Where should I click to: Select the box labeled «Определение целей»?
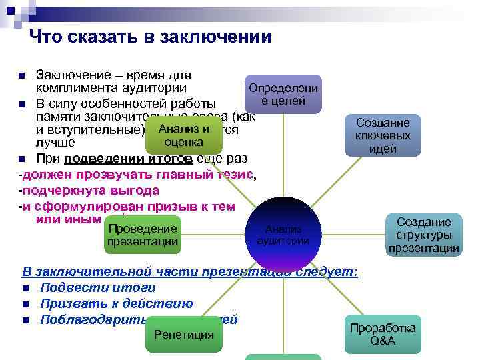283,95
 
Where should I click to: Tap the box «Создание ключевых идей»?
383,135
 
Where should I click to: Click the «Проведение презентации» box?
143,235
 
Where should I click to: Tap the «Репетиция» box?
184,334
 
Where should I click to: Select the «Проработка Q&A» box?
383,334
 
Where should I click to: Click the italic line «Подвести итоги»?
97,288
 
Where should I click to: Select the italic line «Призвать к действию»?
116,304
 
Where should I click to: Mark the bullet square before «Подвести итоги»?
25,289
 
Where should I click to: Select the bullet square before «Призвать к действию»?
25,305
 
